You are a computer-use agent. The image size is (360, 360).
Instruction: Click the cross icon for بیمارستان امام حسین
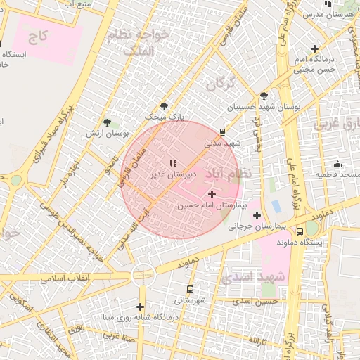[212, 193]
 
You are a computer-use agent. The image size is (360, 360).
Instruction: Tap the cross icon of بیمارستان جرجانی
[257, 215]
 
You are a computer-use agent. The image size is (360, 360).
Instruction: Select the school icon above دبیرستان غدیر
[173, 163]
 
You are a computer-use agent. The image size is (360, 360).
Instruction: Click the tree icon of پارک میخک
[165, 106]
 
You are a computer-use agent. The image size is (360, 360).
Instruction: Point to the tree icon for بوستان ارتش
[107, 122]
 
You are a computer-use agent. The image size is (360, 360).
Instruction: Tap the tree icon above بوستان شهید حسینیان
[264, 96]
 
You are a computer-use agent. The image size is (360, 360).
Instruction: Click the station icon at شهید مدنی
[223, 131]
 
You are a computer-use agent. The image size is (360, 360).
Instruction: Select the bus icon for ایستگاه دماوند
[300, 231]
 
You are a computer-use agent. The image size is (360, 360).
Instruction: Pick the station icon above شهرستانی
[190, 289]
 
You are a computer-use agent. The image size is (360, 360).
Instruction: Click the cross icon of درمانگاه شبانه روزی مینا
[141, 307]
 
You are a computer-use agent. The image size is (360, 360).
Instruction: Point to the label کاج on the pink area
[39, 35]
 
